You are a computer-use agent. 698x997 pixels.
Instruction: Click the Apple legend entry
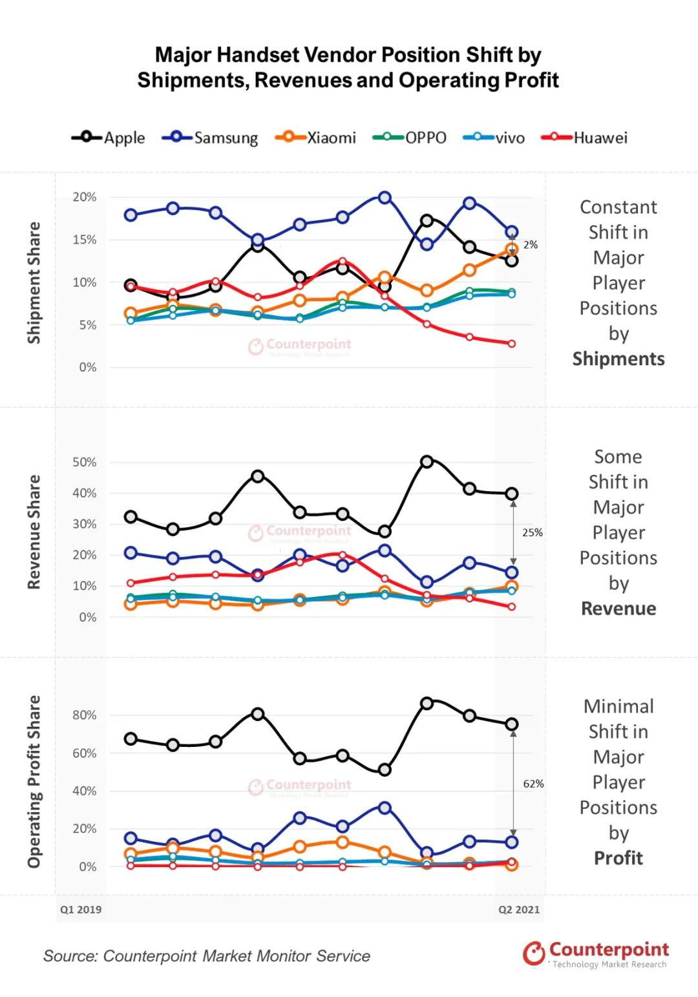click(109, 138)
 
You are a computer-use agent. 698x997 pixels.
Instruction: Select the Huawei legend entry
click(585, 138)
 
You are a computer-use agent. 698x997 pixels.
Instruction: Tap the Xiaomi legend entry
click(316, 138)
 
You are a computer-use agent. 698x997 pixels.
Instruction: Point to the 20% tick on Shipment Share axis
click(85, 197)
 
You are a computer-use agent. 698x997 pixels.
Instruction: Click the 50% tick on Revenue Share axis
click(85, 462)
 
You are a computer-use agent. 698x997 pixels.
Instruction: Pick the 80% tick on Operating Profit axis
click(85, 715)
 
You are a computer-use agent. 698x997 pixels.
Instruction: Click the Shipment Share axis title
click(34, 282)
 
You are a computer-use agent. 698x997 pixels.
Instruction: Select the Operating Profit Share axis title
click(34, 781)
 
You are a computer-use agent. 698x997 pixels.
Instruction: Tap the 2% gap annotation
click(531, 245)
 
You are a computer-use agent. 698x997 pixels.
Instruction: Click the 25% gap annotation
click(533, 532)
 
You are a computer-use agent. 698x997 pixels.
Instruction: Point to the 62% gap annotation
click(533, 784)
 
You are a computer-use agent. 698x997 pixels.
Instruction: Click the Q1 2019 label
click(81, 909)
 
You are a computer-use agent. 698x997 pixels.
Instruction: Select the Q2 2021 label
click(518, 909)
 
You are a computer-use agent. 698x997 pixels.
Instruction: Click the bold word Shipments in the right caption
click(619, 359)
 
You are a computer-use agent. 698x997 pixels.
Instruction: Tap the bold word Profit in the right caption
click(619, 858)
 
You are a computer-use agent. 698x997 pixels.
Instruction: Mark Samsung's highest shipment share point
click(385, 197)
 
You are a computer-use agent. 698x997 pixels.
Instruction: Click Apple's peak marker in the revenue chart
click(427, 461)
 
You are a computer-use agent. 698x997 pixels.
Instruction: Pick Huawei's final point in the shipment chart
click(512, 344)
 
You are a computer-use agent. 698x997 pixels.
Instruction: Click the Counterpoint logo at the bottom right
click(595, 954)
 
